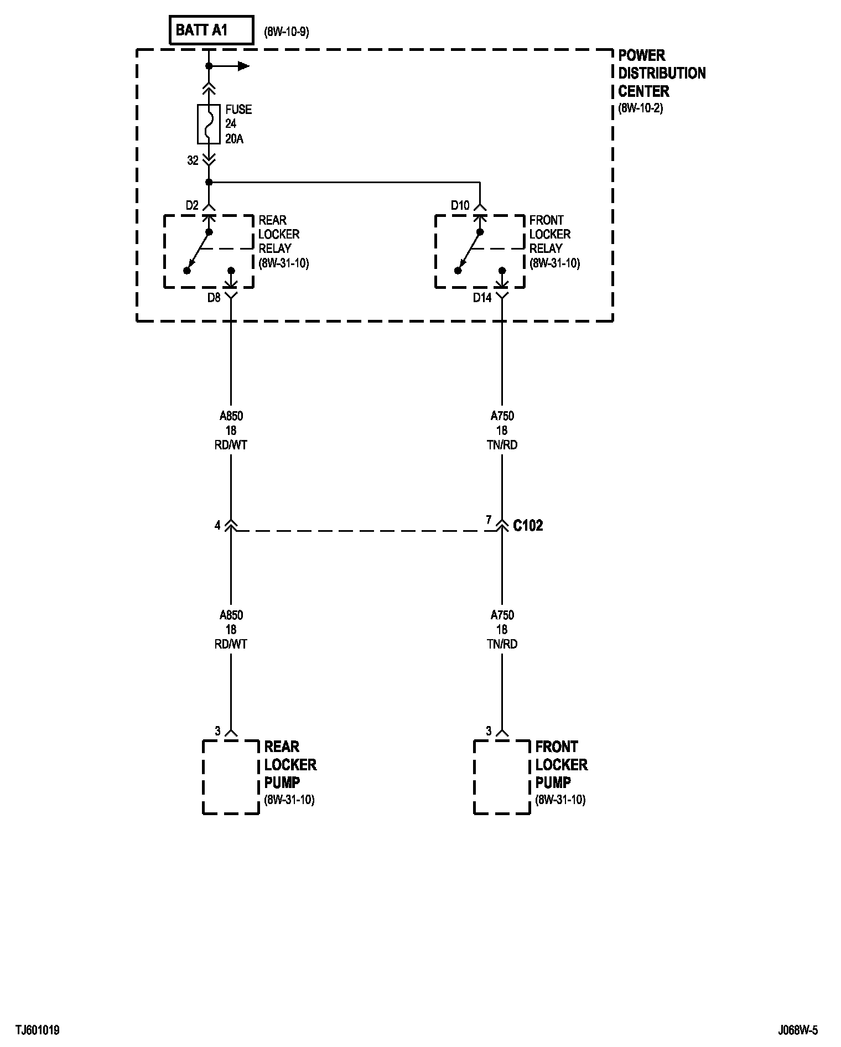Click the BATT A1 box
coord(210,30)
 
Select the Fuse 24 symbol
coord(209,124)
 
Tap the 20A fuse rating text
coord(234,138)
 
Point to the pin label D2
coord(191,206)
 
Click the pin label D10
coord(460,206)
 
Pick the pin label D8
coord(214,298)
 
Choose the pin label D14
coord(482,298)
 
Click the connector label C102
coord(528,525)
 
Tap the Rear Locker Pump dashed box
coord(231,777)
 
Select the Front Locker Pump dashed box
coord(502,777)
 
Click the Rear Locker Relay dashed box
coord(209,252)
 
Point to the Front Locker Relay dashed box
coord(480,252)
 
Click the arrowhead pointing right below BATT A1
coord(243,66)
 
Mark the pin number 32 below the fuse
coord(193,160)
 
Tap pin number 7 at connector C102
coord(489,520)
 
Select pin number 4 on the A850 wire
coord(217,525)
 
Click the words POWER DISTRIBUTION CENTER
coord(661,73)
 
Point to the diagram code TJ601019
coord(38,1030)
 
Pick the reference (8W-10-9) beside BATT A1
coord(287,32)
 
